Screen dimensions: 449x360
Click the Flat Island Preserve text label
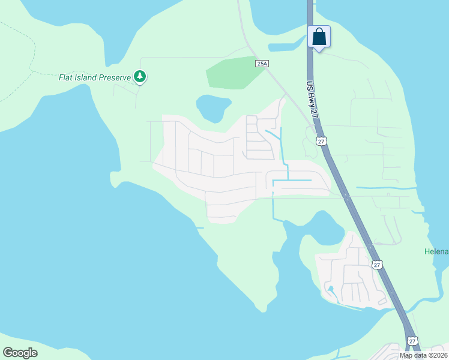coord(95,77)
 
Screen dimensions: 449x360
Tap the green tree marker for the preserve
coord(140,76)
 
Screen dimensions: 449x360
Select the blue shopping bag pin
coord(319,37)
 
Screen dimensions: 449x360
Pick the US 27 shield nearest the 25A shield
coord(322,142)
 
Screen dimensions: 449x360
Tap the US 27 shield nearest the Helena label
coord(376,264)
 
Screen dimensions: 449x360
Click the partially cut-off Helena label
coord(436,251)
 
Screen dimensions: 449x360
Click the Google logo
coord(20,353)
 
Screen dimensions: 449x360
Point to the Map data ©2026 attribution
coord(423,355)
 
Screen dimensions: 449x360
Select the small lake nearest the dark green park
coord(213,107)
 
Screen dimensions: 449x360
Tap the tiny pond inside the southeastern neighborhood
coord(330,292)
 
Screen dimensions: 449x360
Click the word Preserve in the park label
coord(115,77)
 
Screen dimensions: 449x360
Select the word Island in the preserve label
coord(86,77)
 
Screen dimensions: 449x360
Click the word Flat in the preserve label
coord(66,77)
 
